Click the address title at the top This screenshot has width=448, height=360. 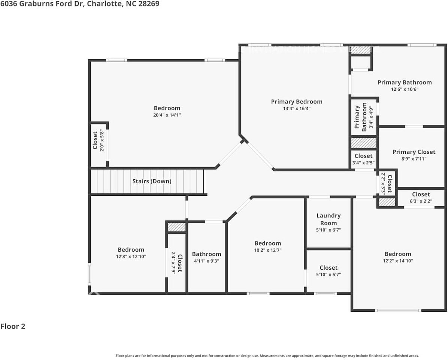point(79,4)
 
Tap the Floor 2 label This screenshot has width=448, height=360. point(13,326)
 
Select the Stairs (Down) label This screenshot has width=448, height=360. point(152,181)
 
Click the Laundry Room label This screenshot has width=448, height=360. point(329,219)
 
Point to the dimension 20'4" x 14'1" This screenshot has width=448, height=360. point(167,115)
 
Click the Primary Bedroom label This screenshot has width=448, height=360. point(296,102)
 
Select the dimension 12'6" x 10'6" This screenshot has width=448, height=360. point(405,89)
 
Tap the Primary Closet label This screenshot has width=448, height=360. point(414,152)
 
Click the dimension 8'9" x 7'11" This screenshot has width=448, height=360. point(414,159)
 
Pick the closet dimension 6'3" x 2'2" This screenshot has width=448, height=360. point(421,201)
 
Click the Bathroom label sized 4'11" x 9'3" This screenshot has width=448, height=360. point(206,254)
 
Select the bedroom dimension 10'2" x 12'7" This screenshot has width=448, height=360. point(268,250)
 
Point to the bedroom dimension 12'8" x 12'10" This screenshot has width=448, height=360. point(131,256)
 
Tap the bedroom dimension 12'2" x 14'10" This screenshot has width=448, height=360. point(398,261)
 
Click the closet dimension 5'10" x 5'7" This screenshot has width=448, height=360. point(329,274)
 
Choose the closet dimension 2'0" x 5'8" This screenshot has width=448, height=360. point(102,140)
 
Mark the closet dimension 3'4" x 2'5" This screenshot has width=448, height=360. point(363,163)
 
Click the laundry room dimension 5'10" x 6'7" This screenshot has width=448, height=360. point(329,230)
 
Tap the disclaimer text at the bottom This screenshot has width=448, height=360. point(267,355)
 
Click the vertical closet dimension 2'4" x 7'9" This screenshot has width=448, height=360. point(173,264)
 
